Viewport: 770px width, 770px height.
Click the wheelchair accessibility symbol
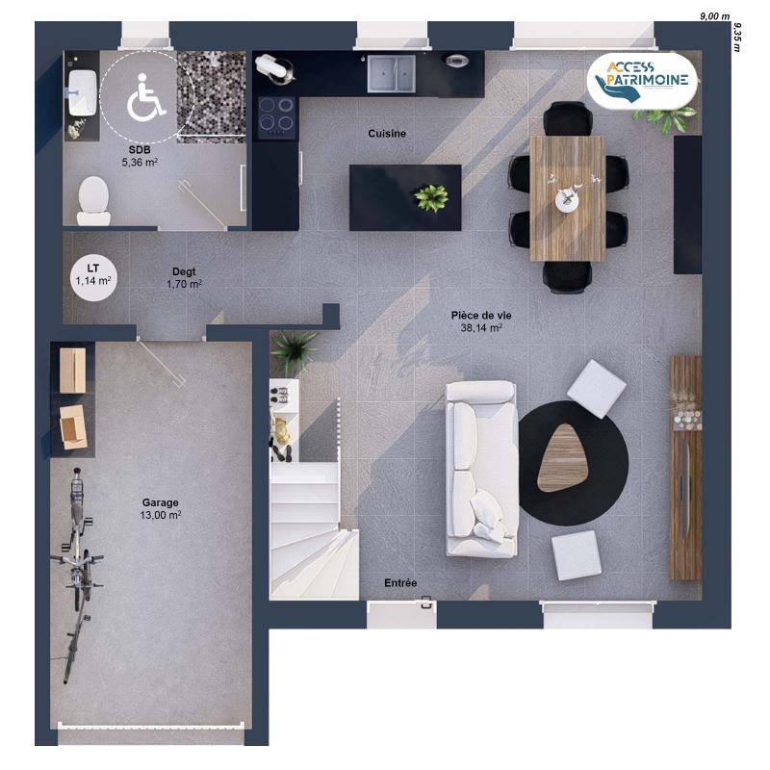146,98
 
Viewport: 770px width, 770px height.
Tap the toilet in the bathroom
92,194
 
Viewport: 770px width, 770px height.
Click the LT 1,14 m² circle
93,274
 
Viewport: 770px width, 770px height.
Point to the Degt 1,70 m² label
184,278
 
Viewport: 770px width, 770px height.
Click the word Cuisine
387,134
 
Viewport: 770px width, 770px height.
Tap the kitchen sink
391,71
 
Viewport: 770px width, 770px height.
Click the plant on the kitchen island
430,197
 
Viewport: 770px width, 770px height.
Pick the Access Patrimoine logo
644,81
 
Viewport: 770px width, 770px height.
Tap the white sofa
481,468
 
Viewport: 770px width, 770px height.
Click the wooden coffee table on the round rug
564,457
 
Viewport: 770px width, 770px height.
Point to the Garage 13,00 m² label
161,508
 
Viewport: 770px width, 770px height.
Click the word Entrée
400,583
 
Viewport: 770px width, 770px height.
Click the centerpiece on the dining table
568,197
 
